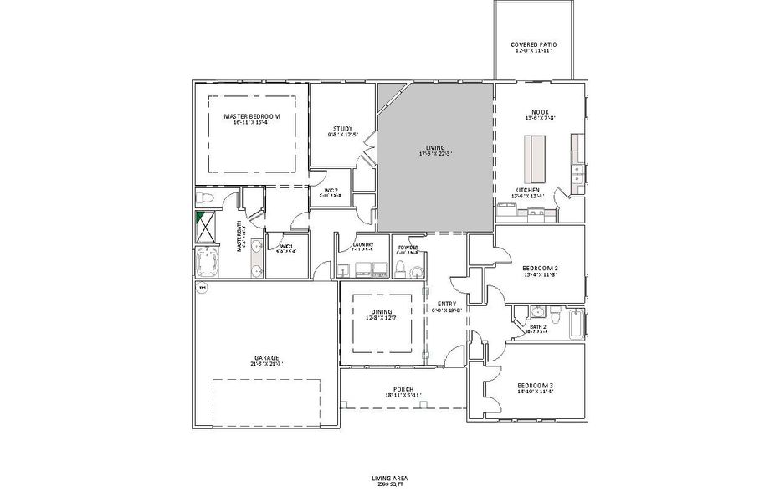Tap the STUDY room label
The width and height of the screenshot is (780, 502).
pos(342,128)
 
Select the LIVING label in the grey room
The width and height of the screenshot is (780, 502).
pos(435,147)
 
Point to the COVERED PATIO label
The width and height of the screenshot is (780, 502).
pos(534,44)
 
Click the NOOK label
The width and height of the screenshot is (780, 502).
pos(540,112)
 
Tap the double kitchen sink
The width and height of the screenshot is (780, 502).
pos(577,174)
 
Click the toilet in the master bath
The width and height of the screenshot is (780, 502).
pos(205,197)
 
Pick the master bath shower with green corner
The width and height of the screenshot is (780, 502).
pos(205,226)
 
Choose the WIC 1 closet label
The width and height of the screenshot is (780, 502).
pos(286,247)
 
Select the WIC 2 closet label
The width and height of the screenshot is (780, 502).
pos(331,192)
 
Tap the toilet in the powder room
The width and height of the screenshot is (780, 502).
pos(400,268)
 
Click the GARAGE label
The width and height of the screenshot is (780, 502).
pos(266,357)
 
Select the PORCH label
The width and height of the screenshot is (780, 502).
pos(403,389)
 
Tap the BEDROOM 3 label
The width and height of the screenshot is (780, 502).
pos(535,384)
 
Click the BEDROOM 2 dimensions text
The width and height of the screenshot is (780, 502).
pos(540,274)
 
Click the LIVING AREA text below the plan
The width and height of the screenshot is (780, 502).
pos(389,478)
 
